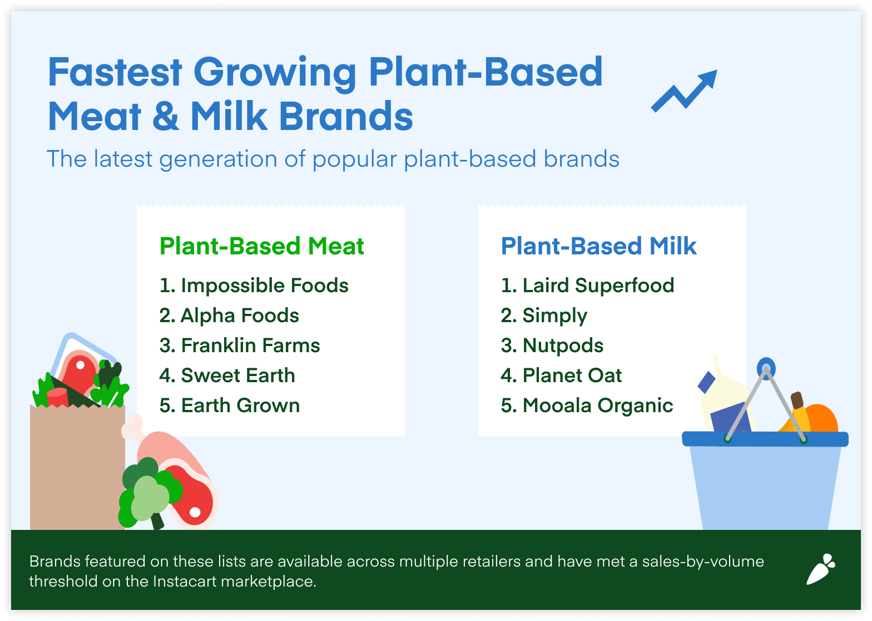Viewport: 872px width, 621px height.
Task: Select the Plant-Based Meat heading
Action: click(x=261, y=246)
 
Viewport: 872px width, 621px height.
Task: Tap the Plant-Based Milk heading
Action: click(x=598, y=246)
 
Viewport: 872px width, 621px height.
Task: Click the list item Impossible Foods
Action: click(x=254, y=286)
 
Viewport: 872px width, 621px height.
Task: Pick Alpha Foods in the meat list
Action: click(x=229, y=315)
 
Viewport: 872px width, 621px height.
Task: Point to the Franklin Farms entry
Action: click(x=240, y=345)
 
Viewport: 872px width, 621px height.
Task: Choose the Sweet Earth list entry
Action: click(x=227, y=375)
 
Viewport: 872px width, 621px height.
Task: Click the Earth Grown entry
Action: click(x=230, y=405)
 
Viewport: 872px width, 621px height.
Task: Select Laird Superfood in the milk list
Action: click(x=587, y=286)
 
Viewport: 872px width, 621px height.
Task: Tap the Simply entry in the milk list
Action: click(x=544, y=315)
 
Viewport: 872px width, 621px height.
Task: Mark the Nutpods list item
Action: click(x=552, y=345)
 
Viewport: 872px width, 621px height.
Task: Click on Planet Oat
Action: click(x=561, y=375)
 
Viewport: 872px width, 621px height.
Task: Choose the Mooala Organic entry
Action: click(x=587, y=405)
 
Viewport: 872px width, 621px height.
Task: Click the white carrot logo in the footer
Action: click(x=821, y=569)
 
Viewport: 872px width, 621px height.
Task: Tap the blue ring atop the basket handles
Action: click(x=766, y=367)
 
